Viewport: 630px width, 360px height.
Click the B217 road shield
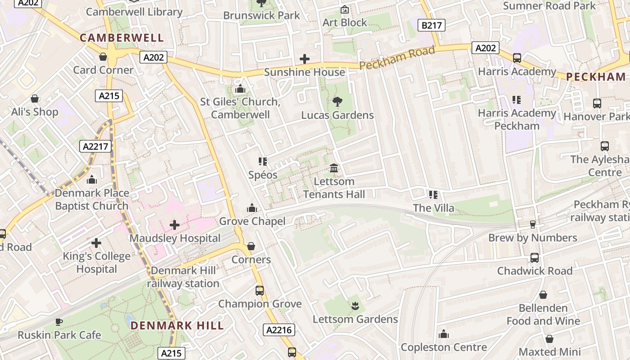pyautogui.click(x=432, y=25)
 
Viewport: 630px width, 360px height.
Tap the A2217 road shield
pyautogui.click(x=95, y=146)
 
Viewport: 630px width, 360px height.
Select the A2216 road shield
pyautogui.click(x=279, y=330)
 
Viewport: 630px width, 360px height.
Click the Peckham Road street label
pyautogui.click(x=397, y=58)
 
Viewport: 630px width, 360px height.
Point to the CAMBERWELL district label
pyautogui.click(x=122, y=38)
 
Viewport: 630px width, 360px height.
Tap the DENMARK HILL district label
pyautogui.click(x=177, y=325)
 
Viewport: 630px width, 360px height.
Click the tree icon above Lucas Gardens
pyautogui.click(x=337, y=102)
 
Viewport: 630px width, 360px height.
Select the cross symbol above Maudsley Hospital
pyautogui.click(x=175, y=225)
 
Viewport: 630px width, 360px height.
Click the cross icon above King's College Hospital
pyautogui.click(x=96, y=243)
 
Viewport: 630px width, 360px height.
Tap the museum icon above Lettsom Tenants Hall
pyautogui.click(x=334, y=168)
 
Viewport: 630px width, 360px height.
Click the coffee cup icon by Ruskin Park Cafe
pyautogui.click(x=59, y=321)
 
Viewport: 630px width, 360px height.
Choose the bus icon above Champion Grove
pyautogui.click(x=260, y=290)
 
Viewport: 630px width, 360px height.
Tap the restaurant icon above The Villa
pyautogui.click(x=433, y=194)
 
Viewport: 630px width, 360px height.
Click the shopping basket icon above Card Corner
pyautogui.click(x=103, y=57)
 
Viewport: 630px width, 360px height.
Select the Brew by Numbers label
pyautogui.click(x=533, y=238)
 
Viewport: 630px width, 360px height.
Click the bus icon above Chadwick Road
pyautogui.click(x=534, y=257)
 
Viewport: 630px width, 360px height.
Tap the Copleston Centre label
pyautogui.click(x=444, y=347)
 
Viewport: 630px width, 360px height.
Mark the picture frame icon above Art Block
pyautogui.click(x=345, y=9)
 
